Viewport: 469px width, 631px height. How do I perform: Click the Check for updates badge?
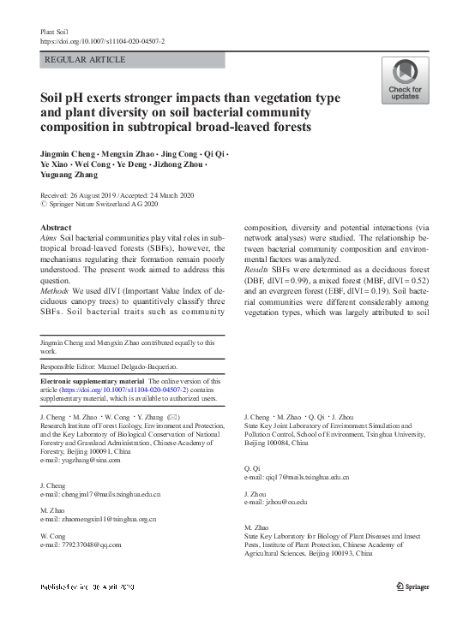[x=405, y=81]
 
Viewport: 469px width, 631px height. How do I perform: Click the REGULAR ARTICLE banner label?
[x=84, y=60]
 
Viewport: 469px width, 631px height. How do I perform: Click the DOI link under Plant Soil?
[x=102, y=41]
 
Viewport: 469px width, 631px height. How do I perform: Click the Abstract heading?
[x=57, y=227]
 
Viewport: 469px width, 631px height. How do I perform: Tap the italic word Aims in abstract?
[x=50, y=236]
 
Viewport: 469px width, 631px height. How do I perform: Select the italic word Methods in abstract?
[x=57, y=289]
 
